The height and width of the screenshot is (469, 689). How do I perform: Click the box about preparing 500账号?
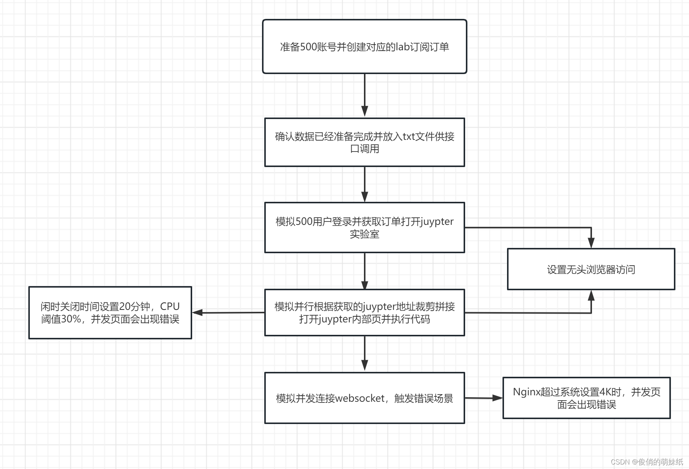tap(364, 46)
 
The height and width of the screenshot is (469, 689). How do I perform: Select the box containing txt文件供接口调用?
tap(364, 142)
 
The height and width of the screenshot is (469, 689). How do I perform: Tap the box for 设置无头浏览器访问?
tap(591, 269)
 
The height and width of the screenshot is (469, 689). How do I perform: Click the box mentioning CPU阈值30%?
tap(110, 313)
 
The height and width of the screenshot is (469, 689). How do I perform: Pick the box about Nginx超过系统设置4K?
tap(586, 398)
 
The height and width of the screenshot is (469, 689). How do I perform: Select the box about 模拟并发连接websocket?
tap(364, 398)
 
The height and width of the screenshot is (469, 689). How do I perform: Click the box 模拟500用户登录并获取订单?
tap(364, 227)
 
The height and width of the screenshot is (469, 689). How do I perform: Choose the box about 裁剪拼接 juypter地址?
tap(364, 313)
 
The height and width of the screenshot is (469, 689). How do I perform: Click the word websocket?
tap(360, 398)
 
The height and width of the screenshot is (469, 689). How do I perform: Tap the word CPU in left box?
tap(170, 306)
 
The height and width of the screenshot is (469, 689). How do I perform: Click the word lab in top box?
tap(402, 47)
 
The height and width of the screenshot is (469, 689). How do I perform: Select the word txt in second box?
tap(409, 136)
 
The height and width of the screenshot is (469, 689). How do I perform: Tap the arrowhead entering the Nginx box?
tap(498, 398)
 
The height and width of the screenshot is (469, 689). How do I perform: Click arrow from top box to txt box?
tap(364, 94)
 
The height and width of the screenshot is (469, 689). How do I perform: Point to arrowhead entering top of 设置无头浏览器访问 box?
tap(591, 243)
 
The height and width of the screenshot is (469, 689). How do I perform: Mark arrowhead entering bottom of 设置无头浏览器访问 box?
tap(591, 296)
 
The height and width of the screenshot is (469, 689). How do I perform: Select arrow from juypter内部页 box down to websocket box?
tap(364, 353)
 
